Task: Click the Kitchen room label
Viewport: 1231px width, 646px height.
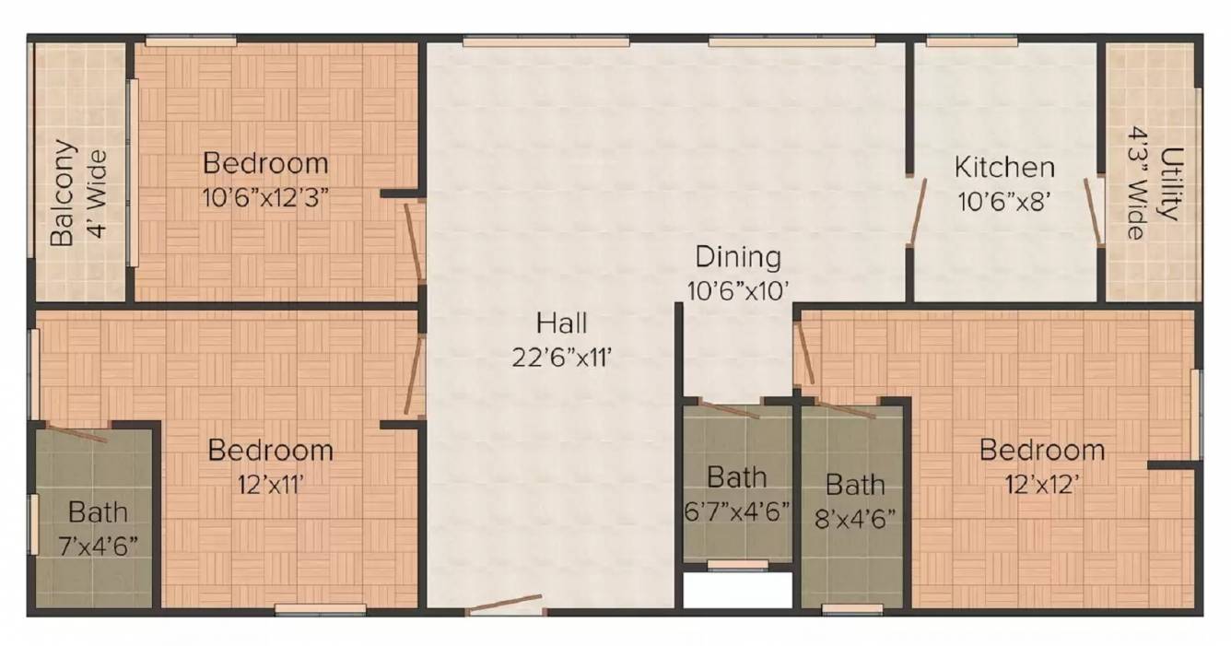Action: pos(1003,168)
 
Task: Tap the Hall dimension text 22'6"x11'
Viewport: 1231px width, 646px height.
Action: pos(562,357)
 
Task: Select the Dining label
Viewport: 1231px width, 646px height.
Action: pos(737,256)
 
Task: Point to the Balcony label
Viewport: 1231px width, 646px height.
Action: pos(62,193)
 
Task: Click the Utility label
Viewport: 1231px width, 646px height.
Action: pos(1168,183)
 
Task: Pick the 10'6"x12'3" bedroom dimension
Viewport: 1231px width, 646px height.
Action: pos(265,196)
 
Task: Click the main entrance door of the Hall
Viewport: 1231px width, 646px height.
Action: pos(504,605)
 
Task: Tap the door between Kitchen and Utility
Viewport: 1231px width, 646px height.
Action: pos(1095,212)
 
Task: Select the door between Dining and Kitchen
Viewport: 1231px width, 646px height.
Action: pos(917,212)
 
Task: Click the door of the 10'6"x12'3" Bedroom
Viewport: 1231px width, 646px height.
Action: pos(414,241)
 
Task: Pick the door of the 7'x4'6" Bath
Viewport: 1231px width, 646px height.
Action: pos(77,433)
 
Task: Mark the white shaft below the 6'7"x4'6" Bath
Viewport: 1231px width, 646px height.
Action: pos(737,591)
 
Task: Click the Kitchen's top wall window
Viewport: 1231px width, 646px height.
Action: pos(971,41)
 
